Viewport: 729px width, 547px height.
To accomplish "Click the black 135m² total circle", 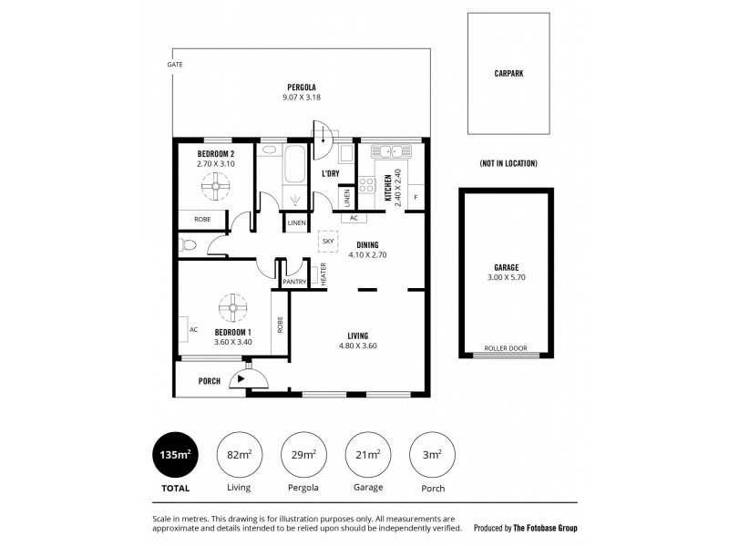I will pos(173,453).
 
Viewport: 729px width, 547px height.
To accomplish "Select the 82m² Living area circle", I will pos(239,453).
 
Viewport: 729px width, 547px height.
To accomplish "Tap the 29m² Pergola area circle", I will pos(303,453).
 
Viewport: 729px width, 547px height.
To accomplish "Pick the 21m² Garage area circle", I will pos(368,453).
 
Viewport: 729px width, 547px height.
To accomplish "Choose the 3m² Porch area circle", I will pos(434,453).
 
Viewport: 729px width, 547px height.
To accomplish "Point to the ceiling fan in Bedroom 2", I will pos(217,189).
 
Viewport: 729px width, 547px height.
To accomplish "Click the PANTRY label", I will pos(293,283).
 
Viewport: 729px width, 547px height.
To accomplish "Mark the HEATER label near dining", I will pos(323,275).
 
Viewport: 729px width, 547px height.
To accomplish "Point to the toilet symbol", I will pos(188,243).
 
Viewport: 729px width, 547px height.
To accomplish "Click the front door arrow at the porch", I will pos(241,377).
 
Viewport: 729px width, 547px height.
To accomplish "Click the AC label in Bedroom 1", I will pos(193,329).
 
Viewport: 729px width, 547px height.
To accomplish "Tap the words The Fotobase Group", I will pos(544,527).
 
